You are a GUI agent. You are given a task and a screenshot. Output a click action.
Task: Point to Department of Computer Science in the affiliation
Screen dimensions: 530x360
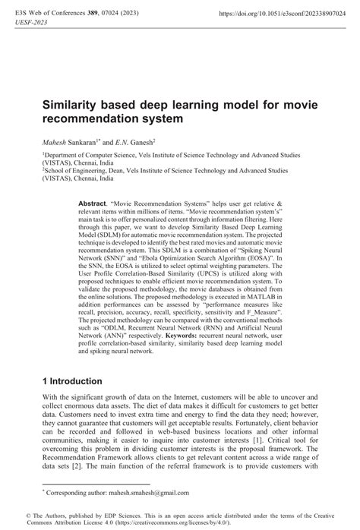click(84, 153)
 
